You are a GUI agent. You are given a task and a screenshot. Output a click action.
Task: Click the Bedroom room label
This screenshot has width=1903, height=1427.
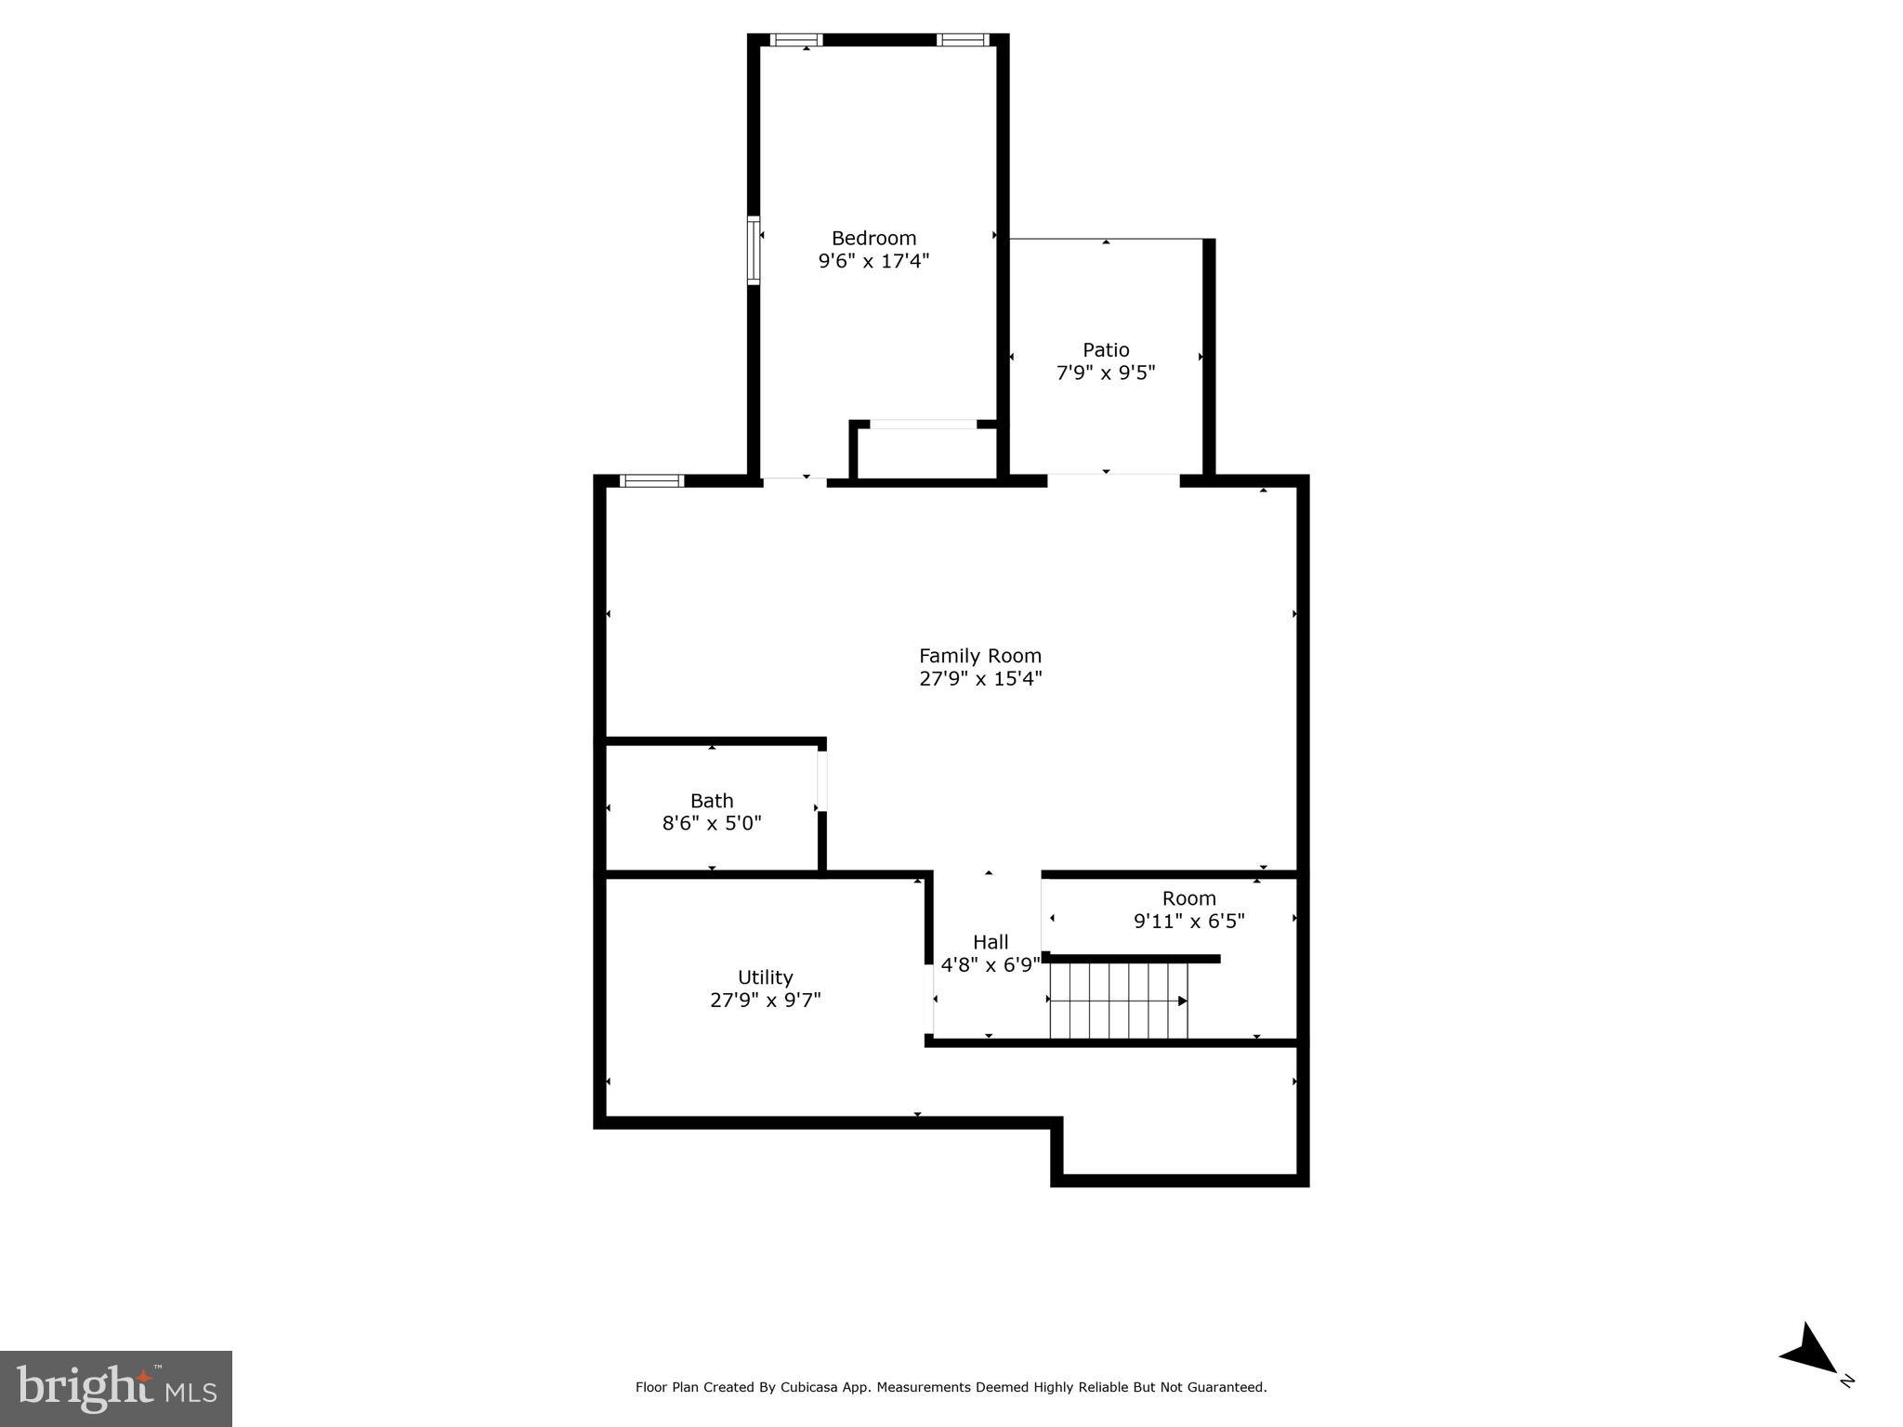pos(873,238)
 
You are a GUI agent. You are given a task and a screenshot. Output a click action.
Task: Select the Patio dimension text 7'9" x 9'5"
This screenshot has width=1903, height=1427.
pos(1106,373)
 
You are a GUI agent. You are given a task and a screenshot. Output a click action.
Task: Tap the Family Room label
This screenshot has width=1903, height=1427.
pos(980,656)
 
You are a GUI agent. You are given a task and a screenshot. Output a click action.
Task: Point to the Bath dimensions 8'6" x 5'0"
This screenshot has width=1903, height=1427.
pos(712,823)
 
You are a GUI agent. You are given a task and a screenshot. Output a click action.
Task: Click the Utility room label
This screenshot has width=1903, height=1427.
pos(765,977)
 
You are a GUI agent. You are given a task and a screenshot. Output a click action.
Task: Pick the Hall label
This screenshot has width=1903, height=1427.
pos(991,942)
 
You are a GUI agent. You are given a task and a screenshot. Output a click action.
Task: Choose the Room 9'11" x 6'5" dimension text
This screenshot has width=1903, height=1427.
pos(1188,922)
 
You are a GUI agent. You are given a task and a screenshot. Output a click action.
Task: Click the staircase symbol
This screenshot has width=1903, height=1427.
pos(1119,1001)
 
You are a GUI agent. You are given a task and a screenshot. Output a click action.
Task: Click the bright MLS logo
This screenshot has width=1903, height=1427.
pos(116,1388)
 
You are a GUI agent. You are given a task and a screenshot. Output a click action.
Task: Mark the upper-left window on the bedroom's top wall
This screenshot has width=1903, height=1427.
pos(797,40)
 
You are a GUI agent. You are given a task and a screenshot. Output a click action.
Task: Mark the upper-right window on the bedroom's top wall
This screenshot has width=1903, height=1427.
pos(962,40)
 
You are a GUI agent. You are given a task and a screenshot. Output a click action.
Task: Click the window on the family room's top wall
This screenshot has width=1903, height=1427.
pos(651,480)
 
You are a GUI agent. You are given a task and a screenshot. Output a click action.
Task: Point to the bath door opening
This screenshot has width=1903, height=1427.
pos(822,780)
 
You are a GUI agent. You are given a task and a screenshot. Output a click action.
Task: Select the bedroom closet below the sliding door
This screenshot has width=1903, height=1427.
pos(925,453)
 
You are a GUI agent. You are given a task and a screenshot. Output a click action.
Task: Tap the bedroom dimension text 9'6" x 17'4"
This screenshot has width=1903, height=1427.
pos(873,261)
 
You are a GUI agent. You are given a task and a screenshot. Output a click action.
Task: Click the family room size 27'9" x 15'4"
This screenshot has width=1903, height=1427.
pos(980,679)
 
